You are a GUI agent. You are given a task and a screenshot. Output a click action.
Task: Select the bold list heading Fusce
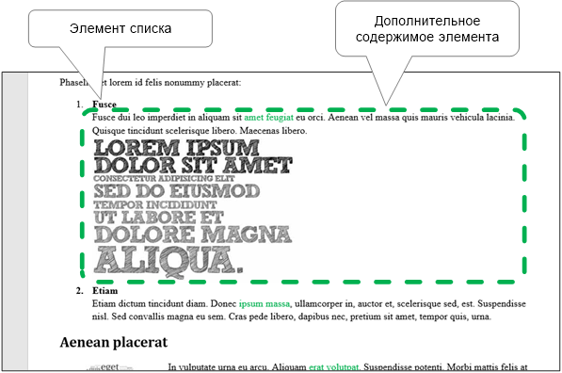point(105,105)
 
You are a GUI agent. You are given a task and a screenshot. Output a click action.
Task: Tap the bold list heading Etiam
point(105,292)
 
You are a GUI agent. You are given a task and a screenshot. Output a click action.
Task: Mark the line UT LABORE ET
point(160,217)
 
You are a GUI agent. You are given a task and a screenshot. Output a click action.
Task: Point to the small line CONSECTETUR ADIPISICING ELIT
point(165,178)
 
